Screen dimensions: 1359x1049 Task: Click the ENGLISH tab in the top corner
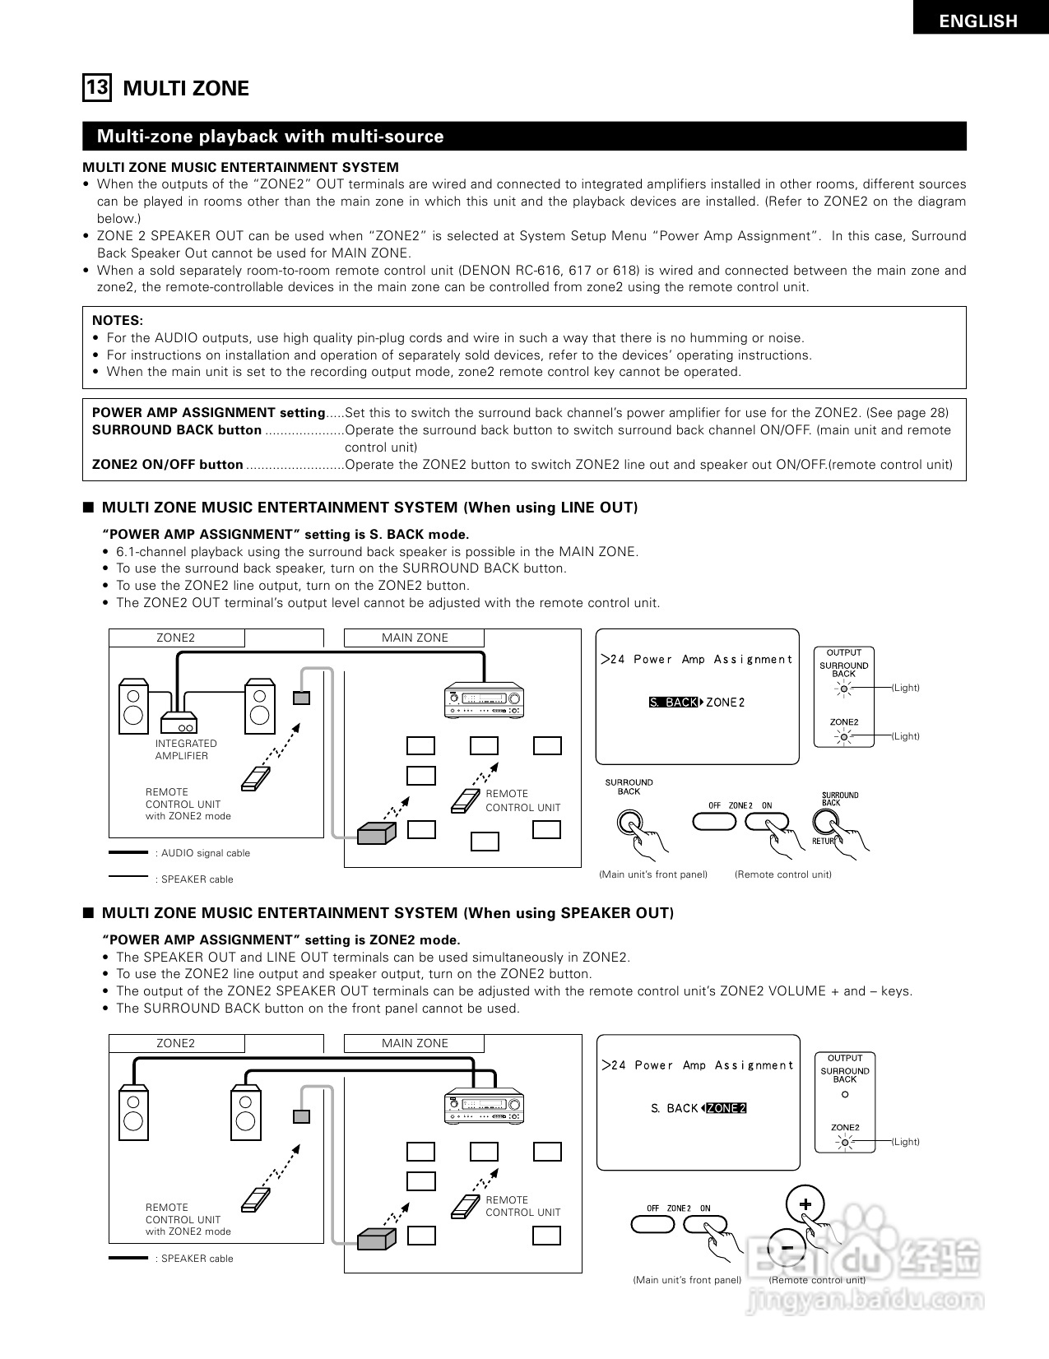point(979,21)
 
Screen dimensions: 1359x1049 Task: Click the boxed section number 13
point(96,87)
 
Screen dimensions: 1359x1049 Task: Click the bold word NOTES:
point(117,320)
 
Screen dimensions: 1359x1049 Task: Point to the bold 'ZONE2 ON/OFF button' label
point(167,464)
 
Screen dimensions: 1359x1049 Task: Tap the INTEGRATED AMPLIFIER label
point(186,749)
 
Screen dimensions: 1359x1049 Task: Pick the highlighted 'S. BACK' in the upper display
point(673,703)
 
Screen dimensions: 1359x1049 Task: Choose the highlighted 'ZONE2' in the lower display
point(726,1108)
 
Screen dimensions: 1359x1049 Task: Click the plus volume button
point(805,1204)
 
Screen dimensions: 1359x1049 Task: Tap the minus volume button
point(787,1246)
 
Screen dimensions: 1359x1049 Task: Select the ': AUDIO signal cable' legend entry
point(202,853)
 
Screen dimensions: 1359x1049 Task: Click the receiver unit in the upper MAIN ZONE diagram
point(484,701)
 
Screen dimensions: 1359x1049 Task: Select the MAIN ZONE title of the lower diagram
point(415,1043)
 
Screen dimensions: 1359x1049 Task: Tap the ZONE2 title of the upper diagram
point(176,638)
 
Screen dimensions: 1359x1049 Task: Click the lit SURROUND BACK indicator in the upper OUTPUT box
point(843,689)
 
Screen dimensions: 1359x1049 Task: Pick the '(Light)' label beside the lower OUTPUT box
point(906,1142)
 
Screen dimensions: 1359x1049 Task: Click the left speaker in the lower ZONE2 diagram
point(134,1111)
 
